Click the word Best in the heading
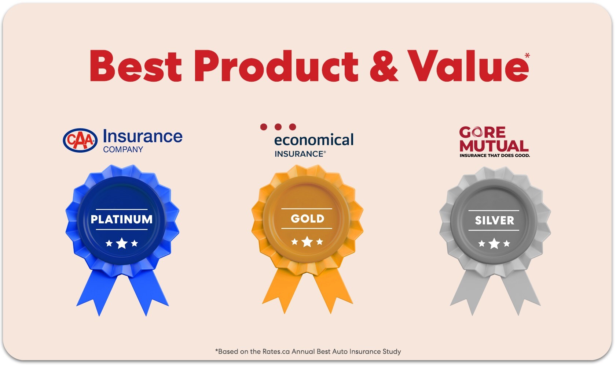point(136,66)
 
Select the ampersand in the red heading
point(384,66)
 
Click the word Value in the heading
point(468,66)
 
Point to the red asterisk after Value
point(527,56)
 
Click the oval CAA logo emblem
point(80,140)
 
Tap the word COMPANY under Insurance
point(123,149)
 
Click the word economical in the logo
point(314,140)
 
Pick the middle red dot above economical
point(278,127)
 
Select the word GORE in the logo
point(483,132)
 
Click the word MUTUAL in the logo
point(494,146)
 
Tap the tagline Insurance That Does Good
point(495,156)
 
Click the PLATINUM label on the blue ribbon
point(122,219)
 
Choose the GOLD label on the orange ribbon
point(307,219)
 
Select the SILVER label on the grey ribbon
point(494,220)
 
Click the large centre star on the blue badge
point(122,243)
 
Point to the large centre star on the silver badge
point(494,243)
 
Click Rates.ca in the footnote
point(276,351)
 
